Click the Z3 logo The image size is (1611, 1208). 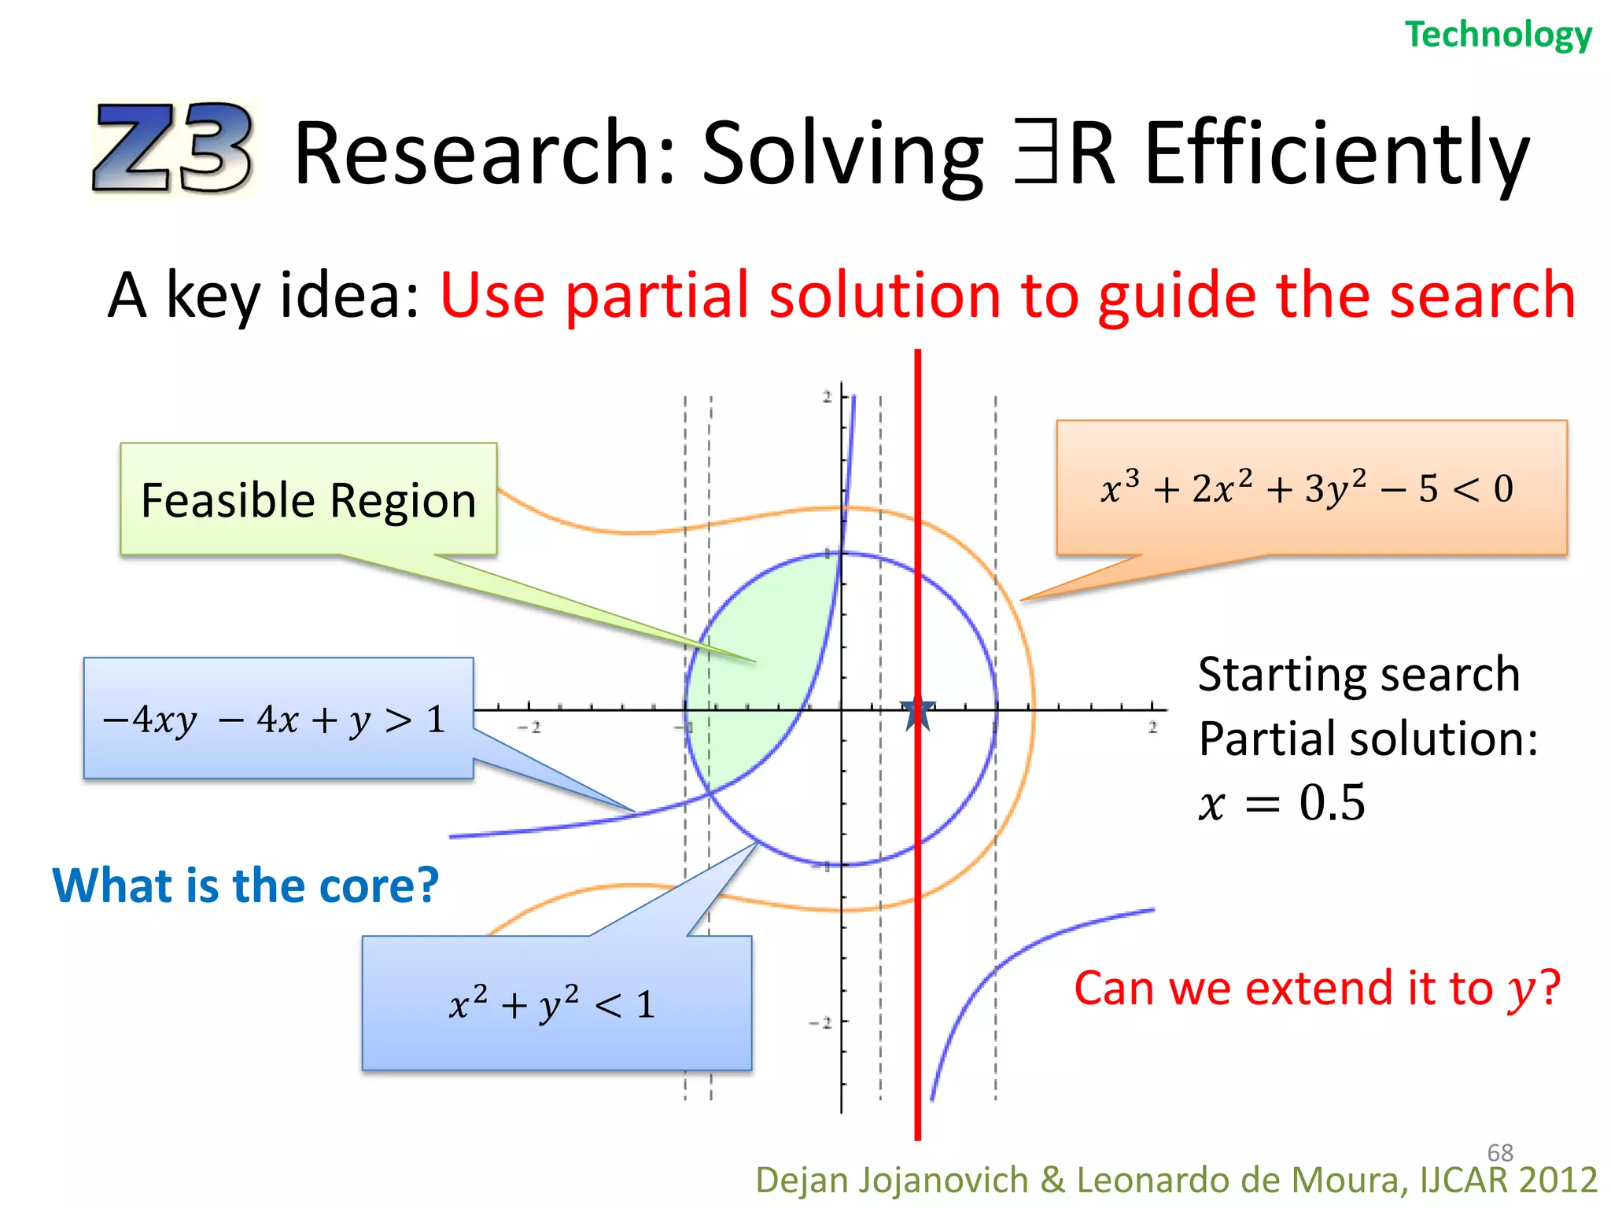click(173, 148)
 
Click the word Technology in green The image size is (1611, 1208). click(1498, 35)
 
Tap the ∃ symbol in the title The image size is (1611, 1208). click(1035, 151)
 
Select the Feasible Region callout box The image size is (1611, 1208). click(308, 499)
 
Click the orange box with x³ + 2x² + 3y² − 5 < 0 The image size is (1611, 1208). click(1311, 488)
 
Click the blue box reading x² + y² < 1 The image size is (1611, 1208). click(556, 1004)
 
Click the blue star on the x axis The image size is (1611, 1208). click(918, 713)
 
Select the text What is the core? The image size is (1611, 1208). click(245, 886)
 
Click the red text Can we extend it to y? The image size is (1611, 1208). click(1316, 989)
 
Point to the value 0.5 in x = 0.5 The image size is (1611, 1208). click(1332, 803)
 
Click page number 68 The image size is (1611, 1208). click(1499, 1152)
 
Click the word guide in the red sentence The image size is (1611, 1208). click(1178, 296)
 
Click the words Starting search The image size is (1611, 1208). click(1358, 675)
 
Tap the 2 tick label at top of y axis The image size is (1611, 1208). click(827, 397)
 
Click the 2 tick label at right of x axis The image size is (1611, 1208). click(1152, 727)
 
